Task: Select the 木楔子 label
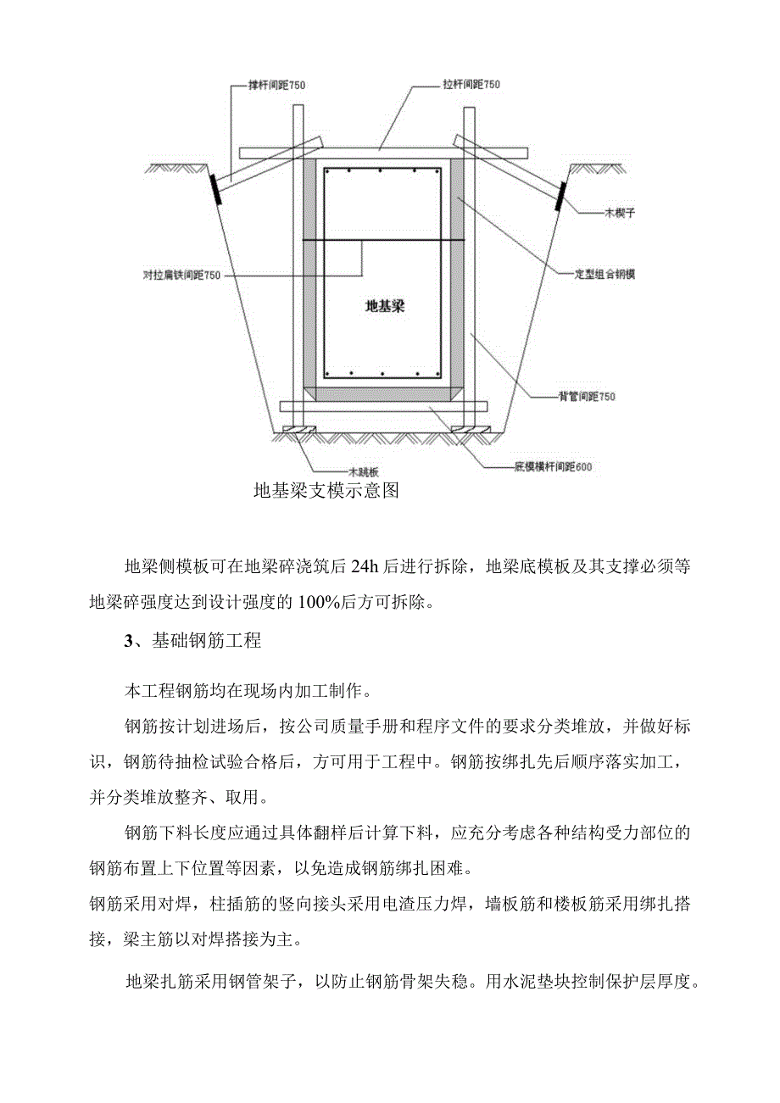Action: tap(618, 214)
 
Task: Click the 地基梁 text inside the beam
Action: tap(384, 306)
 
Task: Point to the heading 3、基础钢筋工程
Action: tap(192, 641)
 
